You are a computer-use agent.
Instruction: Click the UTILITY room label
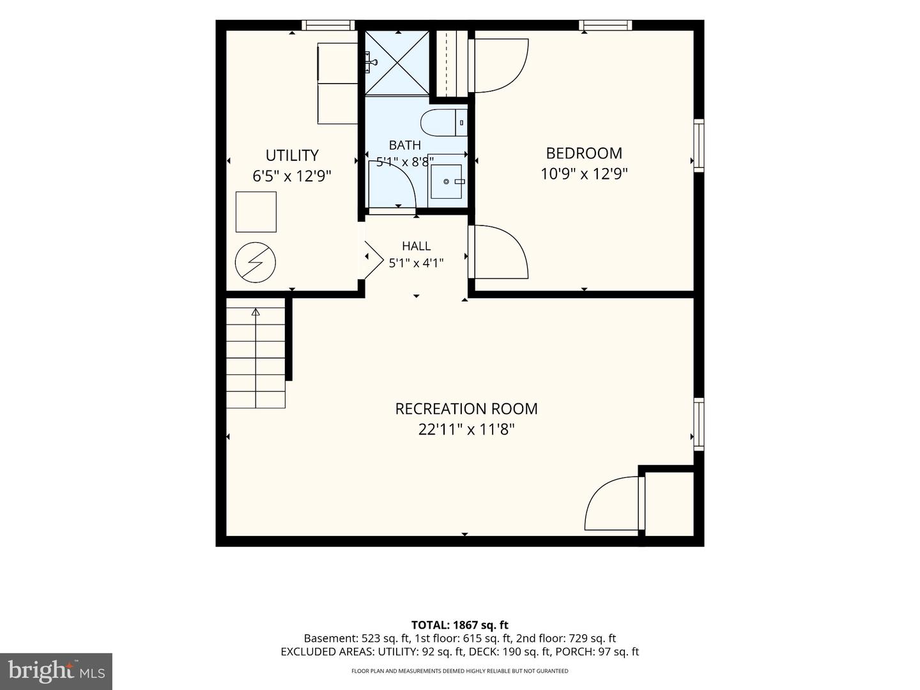292,155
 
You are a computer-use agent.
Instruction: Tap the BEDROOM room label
584,153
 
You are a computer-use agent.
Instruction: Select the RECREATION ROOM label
466,409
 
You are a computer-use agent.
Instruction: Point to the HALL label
416,245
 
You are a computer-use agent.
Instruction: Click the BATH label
405,145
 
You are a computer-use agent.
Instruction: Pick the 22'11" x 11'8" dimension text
466,429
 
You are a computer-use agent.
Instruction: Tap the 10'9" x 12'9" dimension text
584,174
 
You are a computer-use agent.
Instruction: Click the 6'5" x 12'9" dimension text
292,176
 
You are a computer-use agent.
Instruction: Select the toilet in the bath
444,122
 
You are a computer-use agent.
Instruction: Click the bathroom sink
447,181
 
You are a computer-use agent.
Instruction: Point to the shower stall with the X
397,63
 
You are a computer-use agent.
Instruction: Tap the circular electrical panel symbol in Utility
256,263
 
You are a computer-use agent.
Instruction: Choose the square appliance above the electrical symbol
256,212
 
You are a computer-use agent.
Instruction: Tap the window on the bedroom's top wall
605,25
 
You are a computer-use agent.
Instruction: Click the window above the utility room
328,25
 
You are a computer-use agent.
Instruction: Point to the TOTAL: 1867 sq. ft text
460,625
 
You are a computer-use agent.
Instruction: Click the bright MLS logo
56,671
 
